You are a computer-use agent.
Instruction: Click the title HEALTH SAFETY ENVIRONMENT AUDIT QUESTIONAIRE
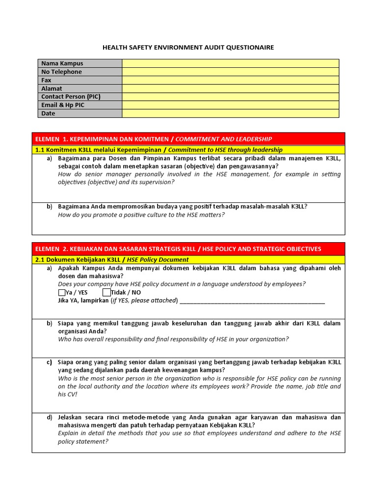(x=188, y=47)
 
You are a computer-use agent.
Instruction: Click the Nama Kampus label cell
(x=80, y=63)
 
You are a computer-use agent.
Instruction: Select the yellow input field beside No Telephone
(x=230, y=72)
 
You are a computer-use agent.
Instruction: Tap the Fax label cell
(x=80, y=80)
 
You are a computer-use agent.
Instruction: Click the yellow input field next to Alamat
(x=230, y=88)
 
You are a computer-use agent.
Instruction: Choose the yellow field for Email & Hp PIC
(x=230, y=105)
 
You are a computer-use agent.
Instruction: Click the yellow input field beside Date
(x=230, y=113)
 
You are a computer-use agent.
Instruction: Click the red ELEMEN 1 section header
(x=188, y=139)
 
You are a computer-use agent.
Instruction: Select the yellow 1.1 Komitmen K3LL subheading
(x=188, y=150)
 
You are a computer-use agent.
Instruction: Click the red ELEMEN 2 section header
(x=188, y=249)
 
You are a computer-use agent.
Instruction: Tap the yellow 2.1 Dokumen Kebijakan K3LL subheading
(x=188, y=260)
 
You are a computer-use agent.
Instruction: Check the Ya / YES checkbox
(x=61, y=293)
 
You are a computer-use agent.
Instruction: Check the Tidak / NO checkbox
(x=107, y=293)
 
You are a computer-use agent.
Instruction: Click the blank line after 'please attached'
(x=252, y=301)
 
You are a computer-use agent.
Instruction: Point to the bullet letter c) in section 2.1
(x=50, y=363)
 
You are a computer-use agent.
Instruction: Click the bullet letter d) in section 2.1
(x=50, y=418)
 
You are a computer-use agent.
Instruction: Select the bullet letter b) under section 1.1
(x=50, y=207)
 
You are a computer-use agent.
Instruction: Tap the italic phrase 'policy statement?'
(x=83, y=442)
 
